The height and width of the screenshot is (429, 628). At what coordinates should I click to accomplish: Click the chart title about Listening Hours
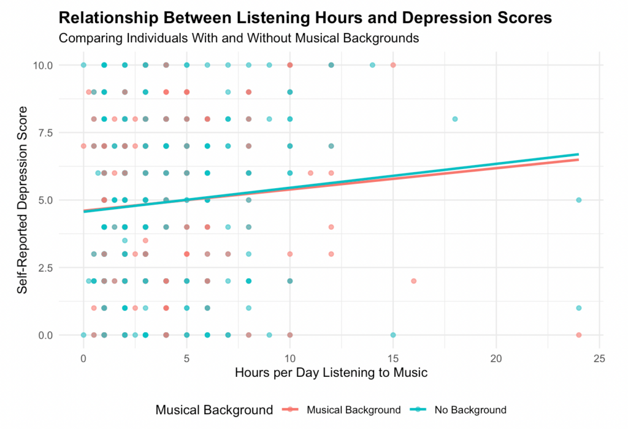[x=305, y=18]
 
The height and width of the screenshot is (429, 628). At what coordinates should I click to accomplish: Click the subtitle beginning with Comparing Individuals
[x=239, y=38]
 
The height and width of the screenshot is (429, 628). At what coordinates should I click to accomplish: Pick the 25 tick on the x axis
[x=600, y=357]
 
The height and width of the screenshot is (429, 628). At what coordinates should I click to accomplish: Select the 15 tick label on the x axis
[x=393, y=357]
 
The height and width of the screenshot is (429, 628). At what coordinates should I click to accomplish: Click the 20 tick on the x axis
[x=496, y=357]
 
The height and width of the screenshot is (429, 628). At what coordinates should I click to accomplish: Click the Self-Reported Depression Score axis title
[x=22, y=200]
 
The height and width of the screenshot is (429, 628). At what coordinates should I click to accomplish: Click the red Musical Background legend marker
[x=292, y=409]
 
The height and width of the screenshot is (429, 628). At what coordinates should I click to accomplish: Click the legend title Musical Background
[x=214, y=409]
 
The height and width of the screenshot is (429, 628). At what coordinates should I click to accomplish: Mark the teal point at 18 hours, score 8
[x=455, y=119]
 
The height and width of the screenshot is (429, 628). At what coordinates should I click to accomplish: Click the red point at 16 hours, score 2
[x=413, y=281]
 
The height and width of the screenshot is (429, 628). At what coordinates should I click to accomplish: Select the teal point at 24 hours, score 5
[x=579, y=200]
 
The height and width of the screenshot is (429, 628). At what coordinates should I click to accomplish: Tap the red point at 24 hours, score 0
[x=579, y=335]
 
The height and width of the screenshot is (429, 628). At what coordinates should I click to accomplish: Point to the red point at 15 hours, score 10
[x=393, y=65]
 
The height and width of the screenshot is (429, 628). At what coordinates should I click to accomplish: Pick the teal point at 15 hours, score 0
[x=393, y=335]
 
